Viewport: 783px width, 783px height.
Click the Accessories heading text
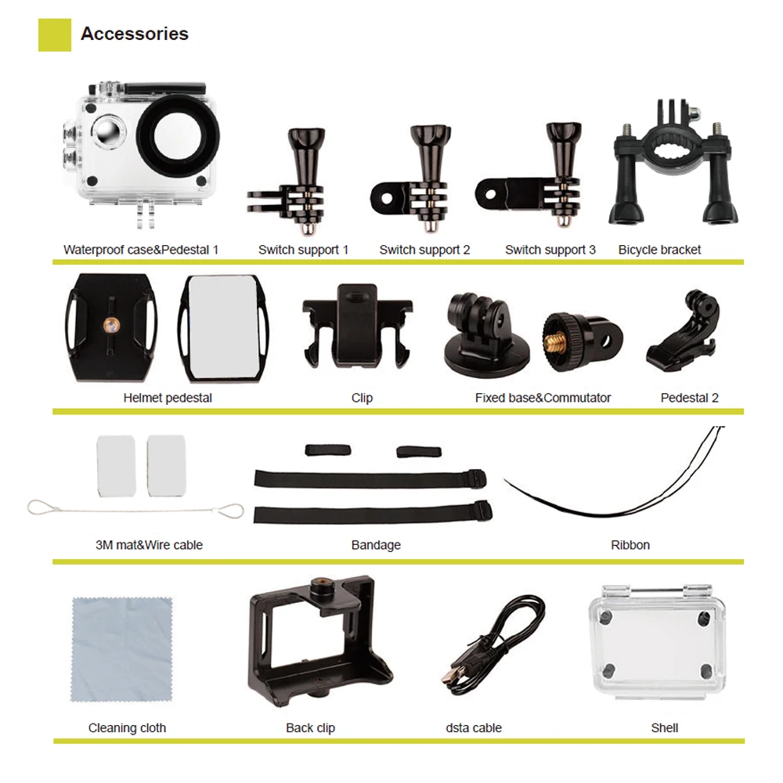point(135,34)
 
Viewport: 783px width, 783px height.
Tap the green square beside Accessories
point(55,35)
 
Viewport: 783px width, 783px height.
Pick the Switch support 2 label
point(424,250)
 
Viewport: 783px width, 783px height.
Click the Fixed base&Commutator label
point(543,398)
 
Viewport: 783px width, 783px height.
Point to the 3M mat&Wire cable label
point(149,545)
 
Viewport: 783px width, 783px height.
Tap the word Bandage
point(376,545)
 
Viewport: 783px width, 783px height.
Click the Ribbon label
point(630,545)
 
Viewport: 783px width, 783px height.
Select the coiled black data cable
point(494,638)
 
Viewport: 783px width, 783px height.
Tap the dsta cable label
point(474,728)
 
